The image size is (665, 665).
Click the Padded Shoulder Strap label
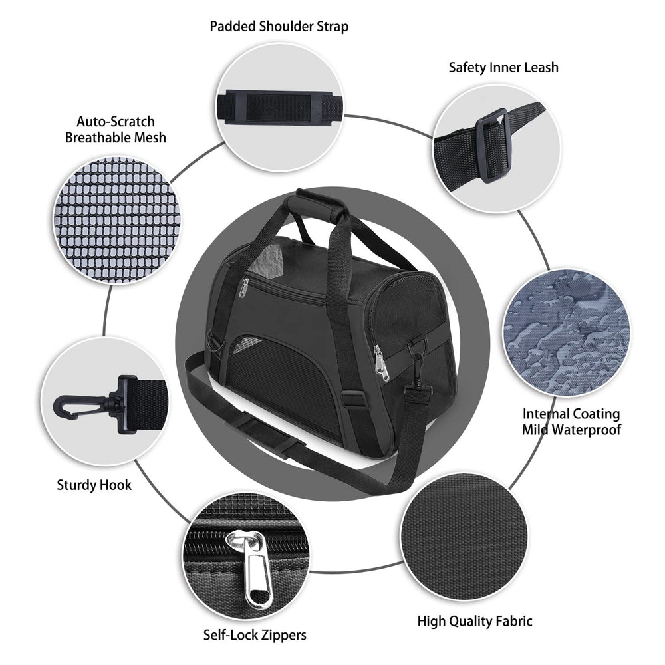[x=279, y=27]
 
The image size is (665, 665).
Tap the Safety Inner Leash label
[x=503, y=67]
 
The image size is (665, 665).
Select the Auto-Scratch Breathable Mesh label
[x=115, y=130]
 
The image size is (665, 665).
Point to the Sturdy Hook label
[x=94, y=485]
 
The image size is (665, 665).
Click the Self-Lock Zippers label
[x=255, y=635]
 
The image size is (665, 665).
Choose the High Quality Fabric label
[x=475, y=621]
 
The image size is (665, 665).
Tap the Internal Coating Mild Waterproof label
[x=571, y=421]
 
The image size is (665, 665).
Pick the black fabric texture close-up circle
[x=464, y=537]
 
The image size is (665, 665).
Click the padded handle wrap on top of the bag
[x=316, y=205]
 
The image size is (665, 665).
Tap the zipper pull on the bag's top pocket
[x=243, y=287]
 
